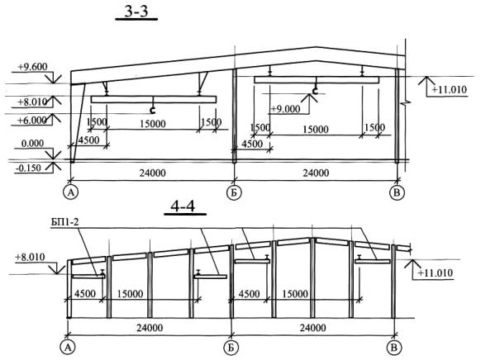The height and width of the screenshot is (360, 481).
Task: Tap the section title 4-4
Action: click(x=183, y=206)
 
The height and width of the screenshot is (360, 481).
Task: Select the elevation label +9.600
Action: click(x=32, y=67)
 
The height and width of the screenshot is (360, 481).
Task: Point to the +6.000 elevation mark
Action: click(x=32, y=120)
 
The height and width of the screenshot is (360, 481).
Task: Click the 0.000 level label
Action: click(x=32, y=144)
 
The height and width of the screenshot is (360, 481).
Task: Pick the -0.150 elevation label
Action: click(x=28, y=168)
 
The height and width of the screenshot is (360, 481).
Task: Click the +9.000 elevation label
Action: click(x=285, y=109)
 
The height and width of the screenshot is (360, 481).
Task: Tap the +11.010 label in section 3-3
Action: click(x=449, y=90)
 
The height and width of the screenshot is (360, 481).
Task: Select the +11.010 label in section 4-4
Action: click(x=436, y=272)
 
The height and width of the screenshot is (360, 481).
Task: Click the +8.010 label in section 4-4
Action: click(x=30, y=257)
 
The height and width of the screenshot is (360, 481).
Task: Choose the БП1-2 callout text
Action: click(x=64, y=221)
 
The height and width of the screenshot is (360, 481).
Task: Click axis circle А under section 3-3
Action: click(x=71, y=192)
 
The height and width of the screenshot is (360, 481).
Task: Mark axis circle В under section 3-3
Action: click(x=397, y=192)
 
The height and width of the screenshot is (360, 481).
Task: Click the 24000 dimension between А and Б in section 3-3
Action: click(x=152, y=173)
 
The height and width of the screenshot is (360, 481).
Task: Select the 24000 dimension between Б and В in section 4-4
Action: click(x=312, y=328)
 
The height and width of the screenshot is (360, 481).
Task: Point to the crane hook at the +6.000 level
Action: click(x=152, y=109)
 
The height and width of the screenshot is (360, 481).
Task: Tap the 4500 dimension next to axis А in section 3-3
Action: click(x=88, y=140)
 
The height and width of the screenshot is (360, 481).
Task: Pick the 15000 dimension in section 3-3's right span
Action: click(x=316, y=130)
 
